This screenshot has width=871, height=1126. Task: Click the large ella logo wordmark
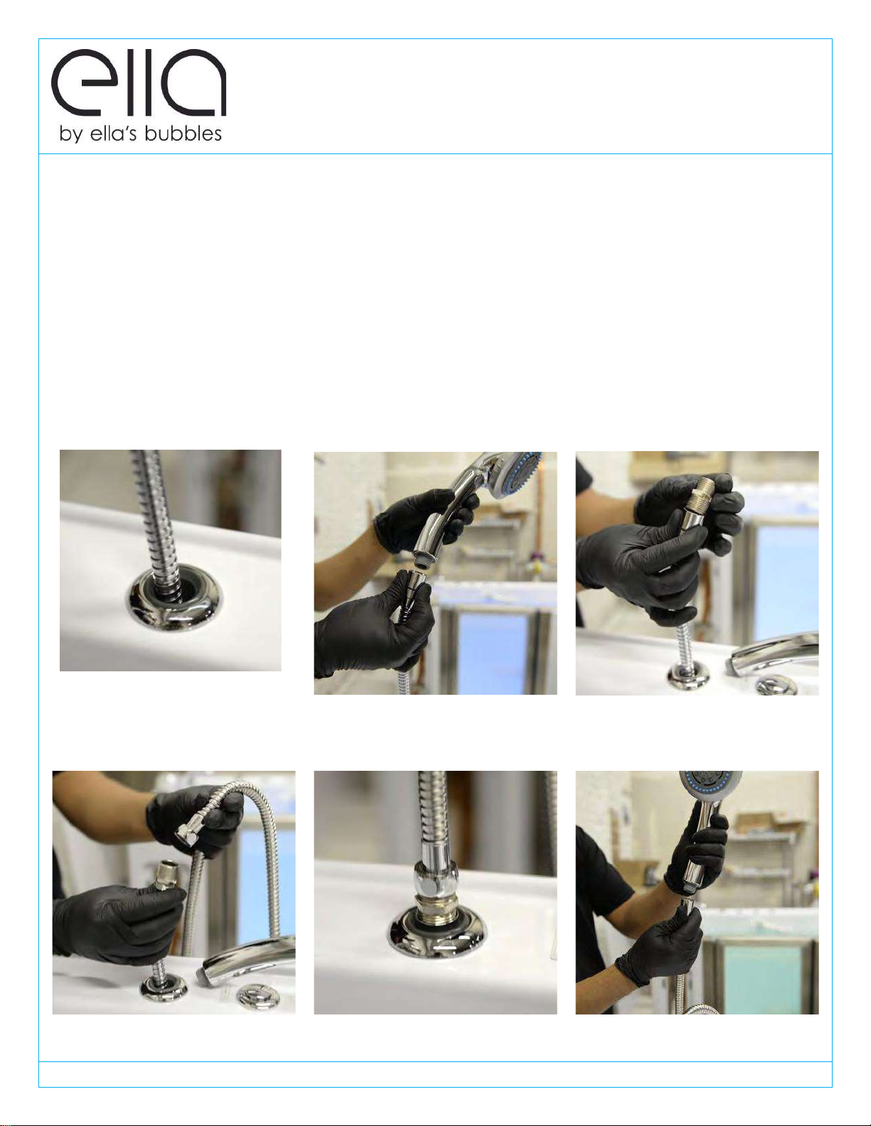pyautogui.click(x=139, y=83)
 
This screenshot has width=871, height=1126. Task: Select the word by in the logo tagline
pyautogui.click(x=70, y=135)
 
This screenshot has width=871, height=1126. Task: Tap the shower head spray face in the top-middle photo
pyautogui.click(x=519, y=472)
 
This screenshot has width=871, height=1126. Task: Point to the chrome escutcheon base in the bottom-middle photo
pyautogui.click(x=435, y=933)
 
